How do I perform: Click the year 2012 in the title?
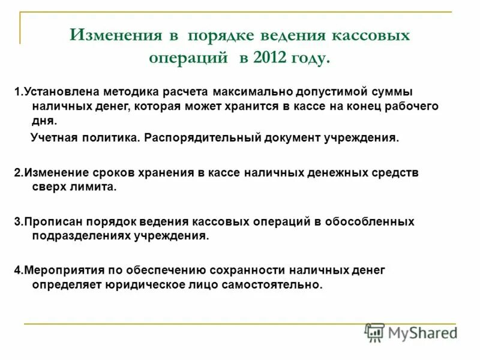click(271, 59)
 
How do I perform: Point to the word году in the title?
click(309, 59)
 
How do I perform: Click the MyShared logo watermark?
click(410, 332)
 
